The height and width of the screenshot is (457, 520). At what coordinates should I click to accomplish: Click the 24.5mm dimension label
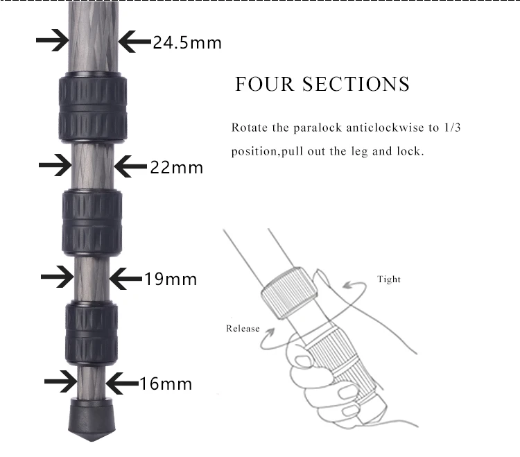click(x=187, y=42)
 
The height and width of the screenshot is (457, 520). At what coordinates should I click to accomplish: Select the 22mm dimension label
click(x=177, y=167)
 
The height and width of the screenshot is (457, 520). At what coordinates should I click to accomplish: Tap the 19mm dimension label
click(x=171, y=279)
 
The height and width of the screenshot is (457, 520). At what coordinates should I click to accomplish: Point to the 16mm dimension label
click(x=166, y=383)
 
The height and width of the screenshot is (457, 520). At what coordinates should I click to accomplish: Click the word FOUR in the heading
click(x=261, y=85)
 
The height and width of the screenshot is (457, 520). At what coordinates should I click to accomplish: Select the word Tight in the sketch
click(x=388, y=279)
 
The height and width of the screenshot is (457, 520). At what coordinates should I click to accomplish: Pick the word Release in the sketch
click(x=243, y=328)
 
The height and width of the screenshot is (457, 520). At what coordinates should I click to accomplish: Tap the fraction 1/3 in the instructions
click(x=442, y=128)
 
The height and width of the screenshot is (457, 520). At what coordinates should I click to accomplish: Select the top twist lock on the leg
click(x=93, y=107)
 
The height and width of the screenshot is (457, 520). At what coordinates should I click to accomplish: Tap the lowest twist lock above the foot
click(x=92, y=331)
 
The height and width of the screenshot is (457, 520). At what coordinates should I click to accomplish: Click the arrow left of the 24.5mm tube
click(x=53, y=42)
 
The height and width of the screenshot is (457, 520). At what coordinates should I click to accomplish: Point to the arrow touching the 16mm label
click(x=123, y=383)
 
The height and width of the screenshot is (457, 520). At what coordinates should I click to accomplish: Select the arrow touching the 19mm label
click(x=126, y=278)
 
